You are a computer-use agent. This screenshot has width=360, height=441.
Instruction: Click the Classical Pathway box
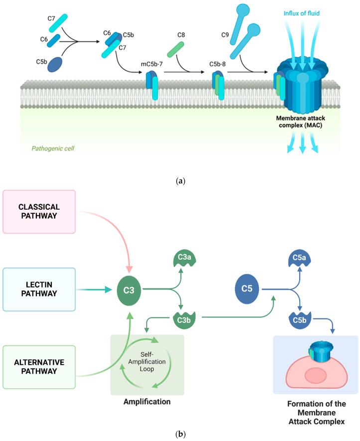(39, 211)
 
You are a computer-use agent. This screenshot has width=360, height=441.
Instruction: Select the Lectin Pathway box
(39, 289)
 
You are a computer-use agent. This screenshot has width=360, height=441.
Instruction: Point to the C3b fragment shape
(183, 319)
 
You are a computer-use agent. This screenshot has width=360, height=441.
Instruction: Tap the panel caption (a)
(180, 180)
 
